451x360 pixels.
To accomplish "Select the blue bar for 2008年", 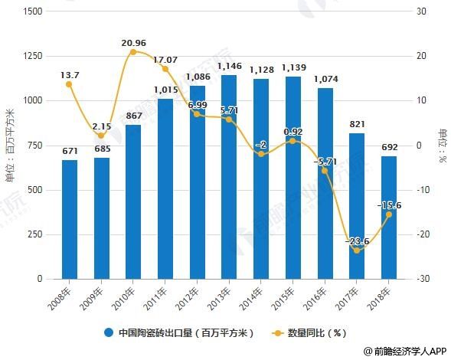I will [x=70, y=220].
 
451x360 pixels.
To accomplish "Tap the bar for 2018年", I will [x=388, y=218].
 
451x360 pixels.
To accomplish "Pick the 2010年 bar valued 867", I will [x=133, y=202].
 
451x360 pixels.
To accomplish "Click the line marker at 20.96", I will [x=133, y=52].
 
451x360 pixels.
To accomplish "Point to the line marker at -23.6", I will [x=357, y=250].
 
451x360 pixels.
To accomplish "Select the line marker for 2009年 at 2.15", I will [x=101, y=136].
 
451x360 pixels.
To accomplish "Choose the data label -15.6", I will [x=390, y=205].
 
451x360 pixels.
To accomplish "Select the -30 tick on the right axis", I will [x=423, y=280].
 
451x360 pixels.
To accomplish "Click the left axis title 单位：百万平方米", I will [x=10, y=146].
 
